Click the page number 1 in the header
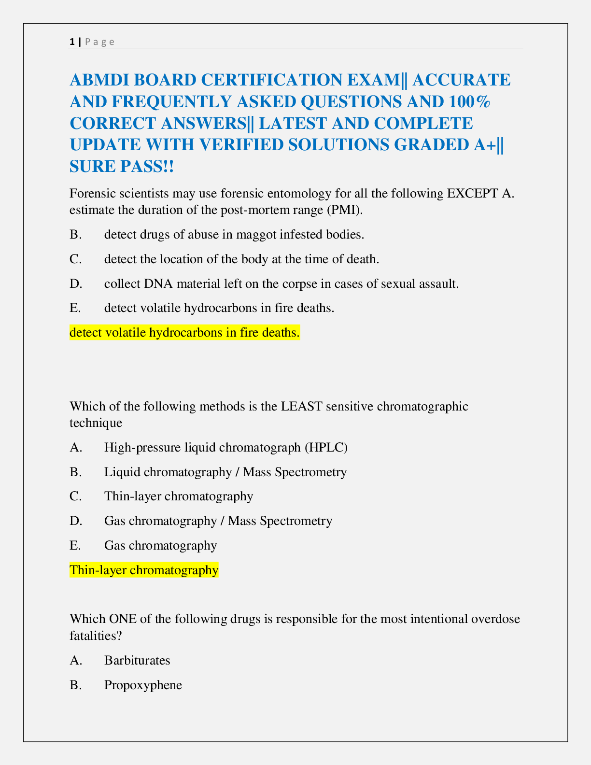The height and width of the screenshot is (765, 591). pyautogui.click(x=72, y=42)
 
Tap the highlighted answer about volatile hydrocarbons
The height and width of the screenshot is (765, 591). pyautogui.click(x=184, y=333)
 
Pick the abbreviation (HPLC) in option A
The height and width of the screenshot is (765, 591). pyautogui.click(x=326, y=447)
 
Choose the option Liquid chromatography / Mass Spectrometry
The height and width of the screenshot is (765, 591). pyautogui.click(x=225, y=472)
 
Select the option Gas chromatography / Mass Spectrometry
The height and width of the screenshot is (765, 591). pyautogui.click(x=218, y=521)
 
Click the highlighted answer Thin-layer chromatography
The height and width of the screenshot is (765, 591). pyautogui.click(x=144, y=570)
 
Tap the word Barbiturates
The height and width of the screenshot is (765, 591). pyautogui.click(x=137, y=660)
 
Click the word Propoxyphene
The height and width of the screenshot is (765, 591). pyautogui.click(x=143, y=685)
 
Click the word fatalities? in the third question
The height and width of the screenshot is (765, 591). pyautogui.click(x=95, y=636)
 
